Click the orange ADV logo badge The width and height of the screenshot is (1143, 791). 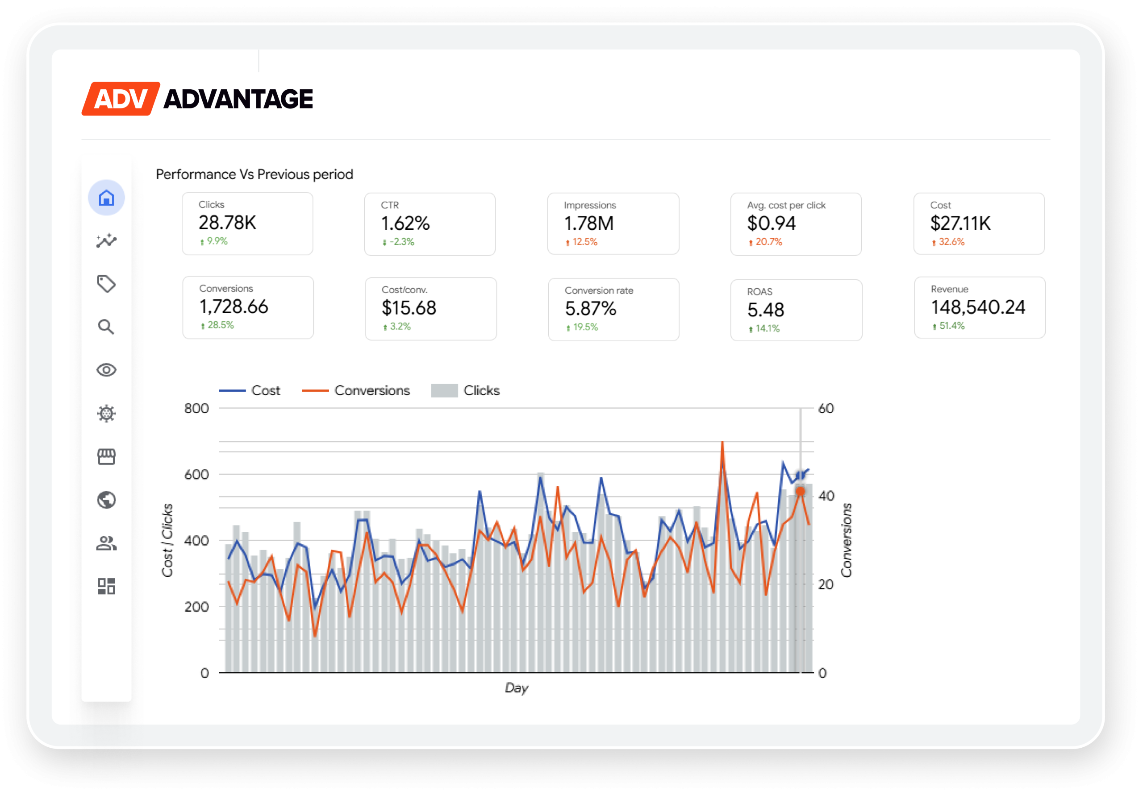pyautogui.click(x=121, y=99)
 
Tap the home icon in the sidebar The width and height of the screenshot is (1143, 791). pyautogui.click(x=106, y=198)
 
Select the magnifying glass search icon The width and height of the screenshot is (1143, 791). pyautogui.click(x=106, y=327)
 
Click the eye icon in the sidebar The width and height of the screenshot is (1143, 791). pyautogui.click(x=106, y=370)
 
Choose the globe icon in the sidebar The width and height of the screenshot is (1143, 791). pyautogui.click(x=106, y=500)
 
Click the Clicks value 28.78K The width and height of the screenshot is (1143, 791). pyautogui.click(x=227, y=223)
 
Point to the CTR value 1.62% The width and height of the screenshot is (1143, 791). pyautogui.click(x=405, y=224)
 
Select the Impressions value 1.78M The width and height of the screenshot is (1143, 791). pyautogui.click(x=588, y=224)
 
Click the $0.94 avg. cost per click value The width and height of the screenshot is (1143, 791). pyautogui.click(x=771, y=224)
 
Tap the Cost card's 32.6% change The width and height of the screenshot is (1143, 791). pyautogui.click(x=951, y=242)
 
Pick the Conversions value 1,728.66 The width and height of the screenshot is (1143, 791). pyautogui.click(x=234, y=307)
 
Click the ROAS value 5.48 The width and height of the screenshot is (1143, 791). pyautogui.click(x=766, y=310)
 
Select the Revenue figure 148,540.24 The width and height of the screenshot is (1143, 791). pyautogui.click(x=978, y=307)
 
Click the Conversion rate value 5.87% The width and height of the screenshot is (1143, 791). pyautogui.click(x=590, y=309)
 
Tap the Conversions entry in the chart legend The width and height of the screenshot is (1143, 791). pyautogui.click(x=371, y=390)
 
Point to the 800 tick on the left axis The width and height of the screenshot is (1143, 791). pyautogui.click(x=196, y=408)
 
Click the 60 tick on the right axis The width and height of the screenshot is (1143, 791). pyautogui.click(x=826, y=408)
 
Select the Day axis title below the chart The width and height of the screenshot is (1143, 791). pyautogui.click(x=516, y=687)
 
